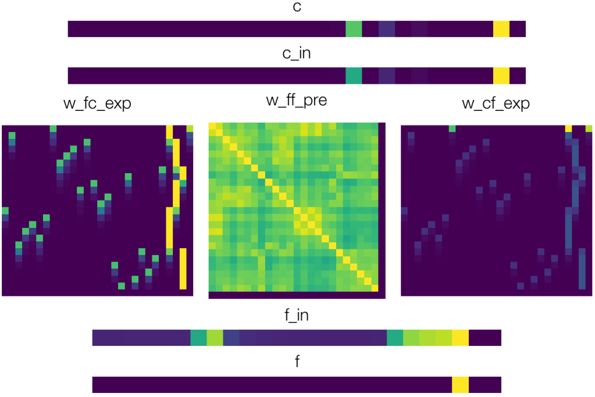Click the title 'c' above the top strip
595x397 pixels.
tap(297, 8)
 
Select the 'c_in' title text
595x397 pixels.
tap(297, 54)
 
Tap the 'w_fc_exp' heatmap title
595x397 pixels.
tap(97, 104)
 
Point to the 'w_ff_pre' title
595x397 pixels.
tap(297, 101)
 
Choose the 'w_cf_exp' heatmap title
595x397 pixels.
tap(496, 104)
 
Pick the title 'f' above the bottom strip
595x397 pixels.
tap(297, 362)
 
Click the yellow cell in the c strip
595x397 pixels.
tap(501, 29)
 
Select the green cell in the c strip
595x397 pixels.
tap(354, 29)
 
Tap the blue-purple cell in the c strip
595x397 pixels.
tap(387, 29)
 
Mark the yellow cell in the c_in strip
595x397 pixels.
tap(501, 76)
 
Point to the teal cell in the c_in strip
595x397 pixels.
tap(354, 76)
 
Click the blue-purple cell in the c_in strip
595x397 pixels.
tap(387, 76)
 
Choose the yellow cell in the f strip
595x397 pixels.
tap(460, 384)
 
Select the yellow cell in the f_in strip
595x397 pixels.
tap(460, 338)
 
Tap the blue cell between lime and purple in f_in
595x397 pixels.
tap(231, 338)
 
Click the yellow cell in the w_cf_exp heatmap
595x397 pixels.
tap(568, 128)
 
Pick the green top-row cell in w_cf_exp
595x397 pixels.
tap(452, 128)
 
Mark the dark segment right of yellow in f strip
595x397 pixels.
tap(484, 384)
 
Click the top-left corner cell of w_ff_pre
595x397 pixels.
tap(212, 126)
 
